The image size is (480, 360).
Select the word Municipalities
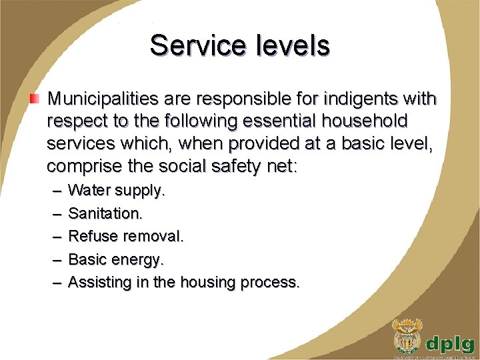point(103,100)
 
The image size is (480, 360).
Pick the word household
point(372,121)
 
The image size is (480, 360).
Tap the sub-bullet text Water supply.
point(117,191)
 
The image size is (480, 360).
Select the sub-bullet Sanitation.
point(105,213)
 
